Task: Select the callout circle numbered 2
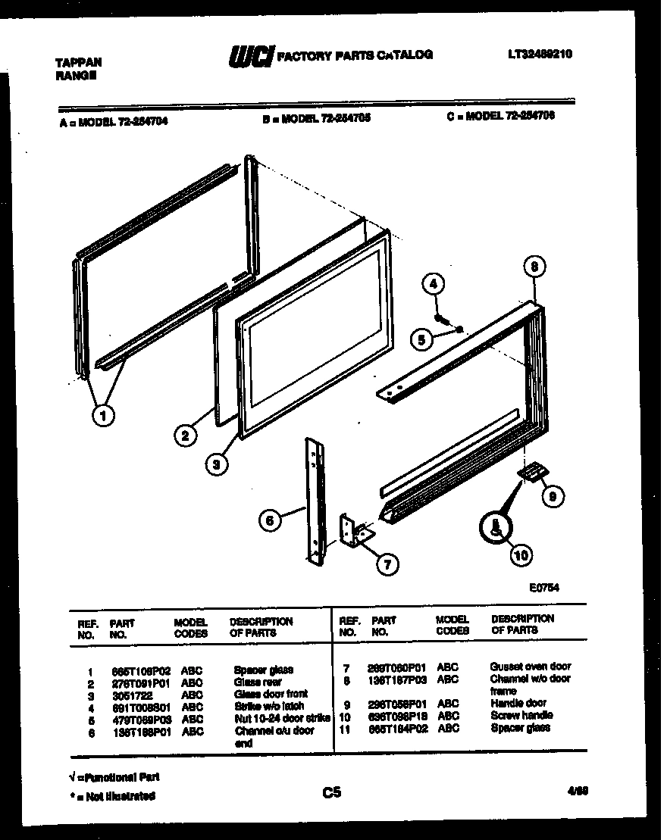pyautogui.click(x=185, y=435)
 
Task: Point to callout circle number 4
pyautogui.click(x=433, y=285)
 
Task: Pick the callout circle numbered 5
pyautogui.click(x=421, y=340)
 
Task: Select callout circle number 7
pyautogui.click(x=387, y=564)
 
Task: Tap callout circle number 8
pyautogui.click(x=534, y=267)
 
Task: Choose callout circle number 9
pyautogui.click(x=553, y=496)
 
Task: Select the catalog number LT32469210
pyautogui.click(x=540, y=54)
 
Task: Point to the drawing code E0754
pyautogui.click(x=544, y=586)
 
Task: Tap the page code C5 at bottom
pyautogui.click(x=331, y=792)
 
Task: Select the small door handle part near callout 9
pyautogui.click(x=531, y=473)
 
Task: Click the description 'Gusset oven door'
pyautogui.click(x=530, y=667)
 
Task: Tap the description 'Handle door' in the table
pyautogui.click(x=518, y=703)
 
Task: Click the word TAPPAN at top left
pyautogui.click(x=79, y=63)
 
